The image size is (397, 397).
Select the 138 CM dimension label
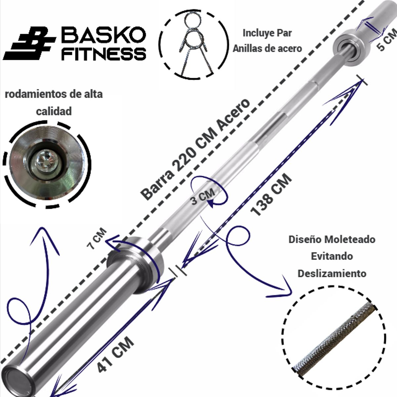pos(271,195)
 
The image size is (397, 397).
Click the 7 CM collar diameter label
pos(96,239)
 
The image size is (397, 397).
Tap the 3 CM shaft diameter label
pos(202,197)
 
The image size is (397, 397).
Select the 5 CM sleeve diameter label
pos(386,40)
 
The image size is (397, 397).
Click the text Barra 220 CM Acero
pos(195,150)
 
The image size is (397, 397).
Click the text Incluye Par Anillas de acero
pos(267,41)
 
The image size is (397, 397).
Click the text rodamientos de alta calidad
pos(54,103)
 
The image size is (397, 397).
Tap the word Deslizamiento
pos(332,274)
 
